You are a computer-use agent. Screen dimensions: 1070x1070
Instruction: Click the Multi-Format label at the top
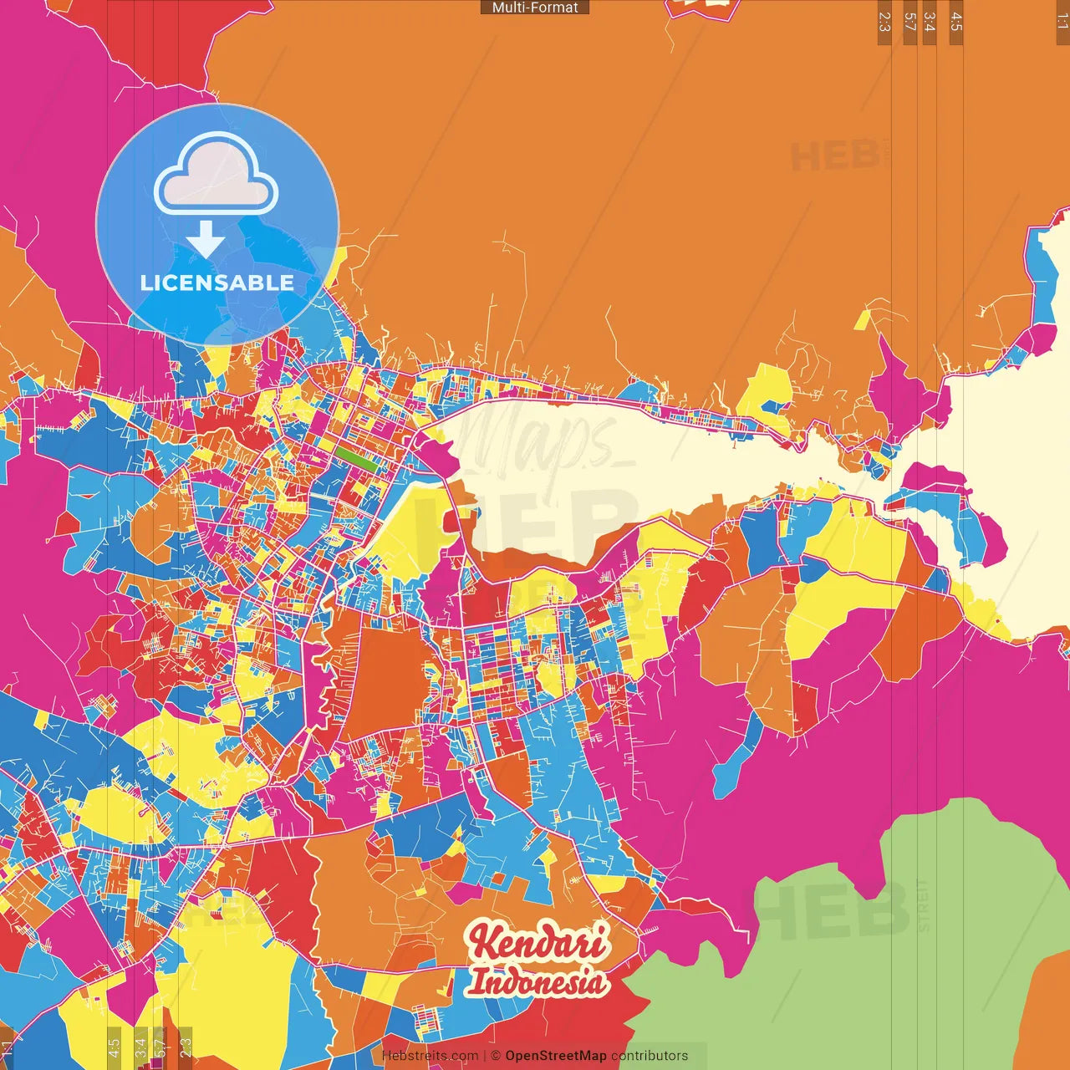[535, 8]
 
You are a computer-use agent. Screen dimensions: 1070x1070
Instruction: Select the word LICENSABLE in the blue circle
[217, 283]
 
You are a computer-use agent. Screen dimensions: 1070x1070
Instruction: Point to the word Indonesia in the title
[537, 981]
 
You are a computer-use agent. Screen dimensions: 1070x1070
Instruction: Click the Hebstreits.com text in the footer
[430, 1056]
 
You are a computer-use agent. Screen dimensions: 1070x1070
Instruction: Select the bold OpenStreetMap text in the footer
[555, 1056]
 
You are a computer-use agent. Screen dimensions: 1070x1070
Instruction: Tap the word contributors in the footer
[650, 1056]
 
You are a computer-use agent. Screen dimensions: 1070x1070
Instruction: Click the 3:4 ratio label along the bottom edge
[140, 1046]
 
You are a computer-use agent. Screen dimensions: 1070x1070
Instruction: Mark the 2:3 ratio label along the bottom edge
[186, 1046]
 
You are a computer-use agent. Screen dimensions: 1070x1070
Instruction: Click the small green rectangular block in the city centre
[357, 456]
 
